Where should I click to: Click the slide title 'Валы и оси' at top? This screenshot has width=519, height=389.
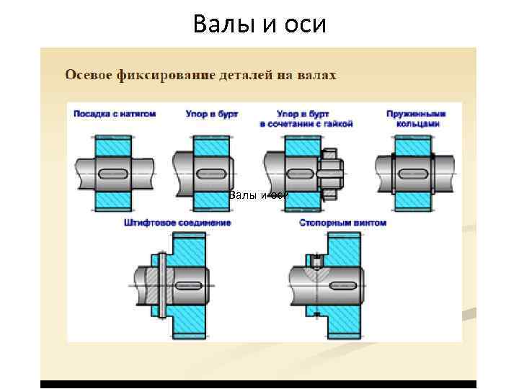pyautogui.click(x=259, y=24)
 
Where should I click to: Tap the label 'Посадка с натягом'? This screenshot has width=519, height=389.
pyautogui.click(x=111, y=114)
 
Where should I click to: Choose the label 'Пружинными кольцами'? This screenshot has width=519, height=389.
pyautogui.click(x=416, y=119)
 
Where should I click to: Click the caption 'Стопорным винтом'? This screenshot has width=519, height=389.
pyautogui.click(x=343, y=223)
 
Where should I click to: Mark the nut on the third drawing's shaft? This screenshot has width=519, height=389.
pyautogui.click(x=330, y=174)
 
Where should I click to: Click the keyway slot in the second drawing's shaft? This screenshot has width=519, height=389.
pyautogui.click(x=210, y=174)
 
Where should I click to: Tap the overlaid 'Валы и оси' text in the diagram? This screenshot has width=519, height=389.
pyautogui.click(x=258, y=195)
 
